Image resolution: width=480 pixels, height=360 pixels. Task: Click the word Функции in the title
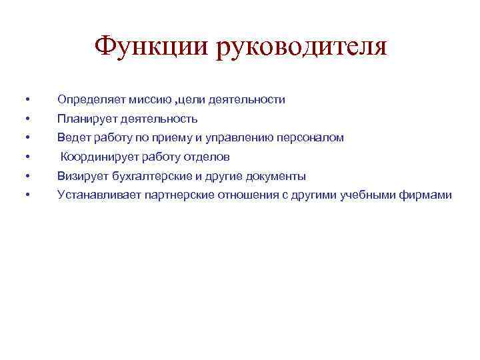[150, 47]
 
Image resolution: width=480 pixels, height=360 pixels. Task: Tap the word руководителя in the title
[301, 47]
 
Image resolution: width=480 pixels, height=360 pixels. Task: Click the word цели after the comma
[191, 100]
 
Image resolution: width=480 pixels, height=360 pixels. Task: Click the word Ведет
[71, 138]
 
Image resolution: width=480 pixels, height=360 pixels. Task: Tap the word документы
[275, 177]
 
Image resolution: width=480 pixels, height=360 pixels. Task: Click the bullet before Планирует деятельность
[27, 119]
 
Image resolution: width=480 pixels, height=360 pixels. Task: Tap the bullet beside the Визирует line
[27, 177]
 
